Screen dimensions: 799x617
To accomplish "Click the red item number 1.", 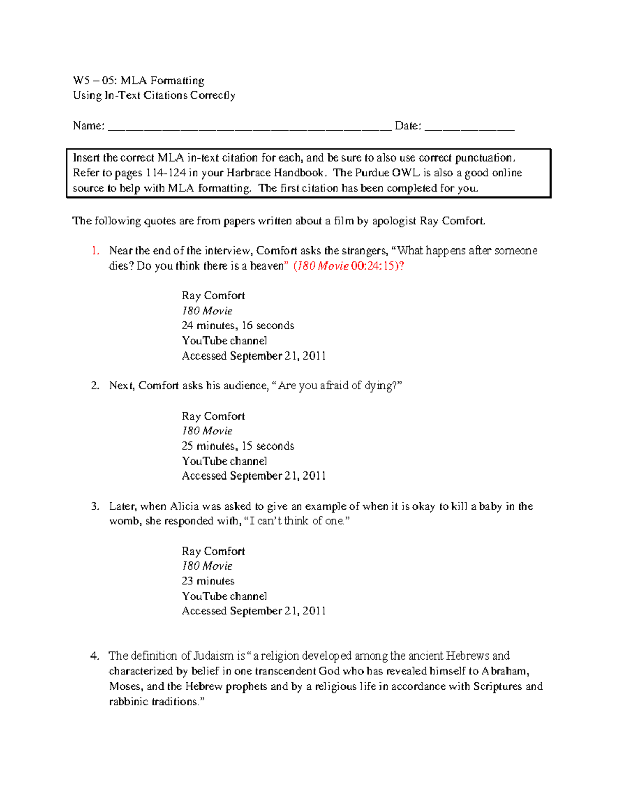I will pyautogui.click(x=95, y=251).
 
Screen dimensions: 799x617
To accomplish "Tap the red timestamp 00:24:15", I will pyautogui.click(x=374, y=266).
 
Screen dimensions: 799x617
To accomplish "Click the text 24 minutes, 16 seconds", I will pyautogui.click(x=238, y=326).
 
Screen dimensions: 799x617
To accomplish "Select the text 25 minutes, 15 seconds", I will pyautogui.click(x=238, y=446).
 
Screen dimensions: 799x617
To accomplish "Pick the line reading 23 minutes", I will pyautogui.click(x=208, y=581).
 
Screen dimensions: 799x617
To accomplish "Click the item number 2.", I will pyautogui.click(x=95, y=386).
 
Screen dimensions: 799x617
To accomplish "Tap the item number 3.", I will pyautogui.click(x=95, y=506).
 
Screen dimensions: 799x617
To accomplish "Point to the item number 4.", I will pyautogui.click(x=95, y=656).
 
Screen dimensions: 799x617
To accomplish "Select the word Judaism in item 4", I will pyautogui.click(x=214, y=656).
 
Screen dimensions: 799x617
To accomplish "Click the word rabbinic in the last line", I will pyautogui.click(x=129, y=702).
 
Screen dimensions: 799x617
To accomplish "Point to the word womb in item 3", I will pyautogui.click(x=123, y=521).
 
